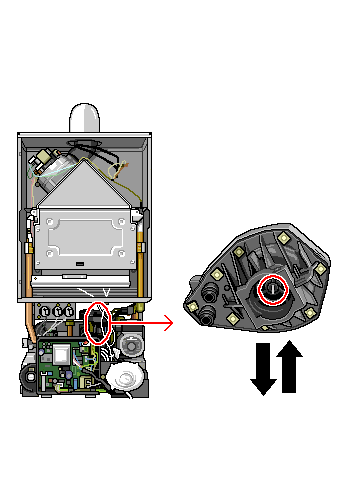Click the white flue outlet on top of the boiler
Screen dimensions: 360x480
tap(87, 117)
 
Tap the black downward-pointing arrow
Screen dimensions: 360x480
tap(263, 369)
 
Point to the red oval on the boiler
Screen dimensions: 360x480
tap(98, 323)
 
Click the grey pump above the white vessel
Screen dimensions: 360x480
tap(131, 345)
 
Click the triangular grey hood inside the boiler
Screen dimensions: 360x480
tap(86, 185)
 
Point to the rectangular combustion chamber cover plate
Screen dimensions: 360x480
tap(82, 239)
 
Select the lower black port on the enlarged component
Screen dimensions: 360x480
tap(207, 317)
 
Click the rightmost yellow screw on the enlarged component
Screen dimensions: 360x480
tap(320, 268)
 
